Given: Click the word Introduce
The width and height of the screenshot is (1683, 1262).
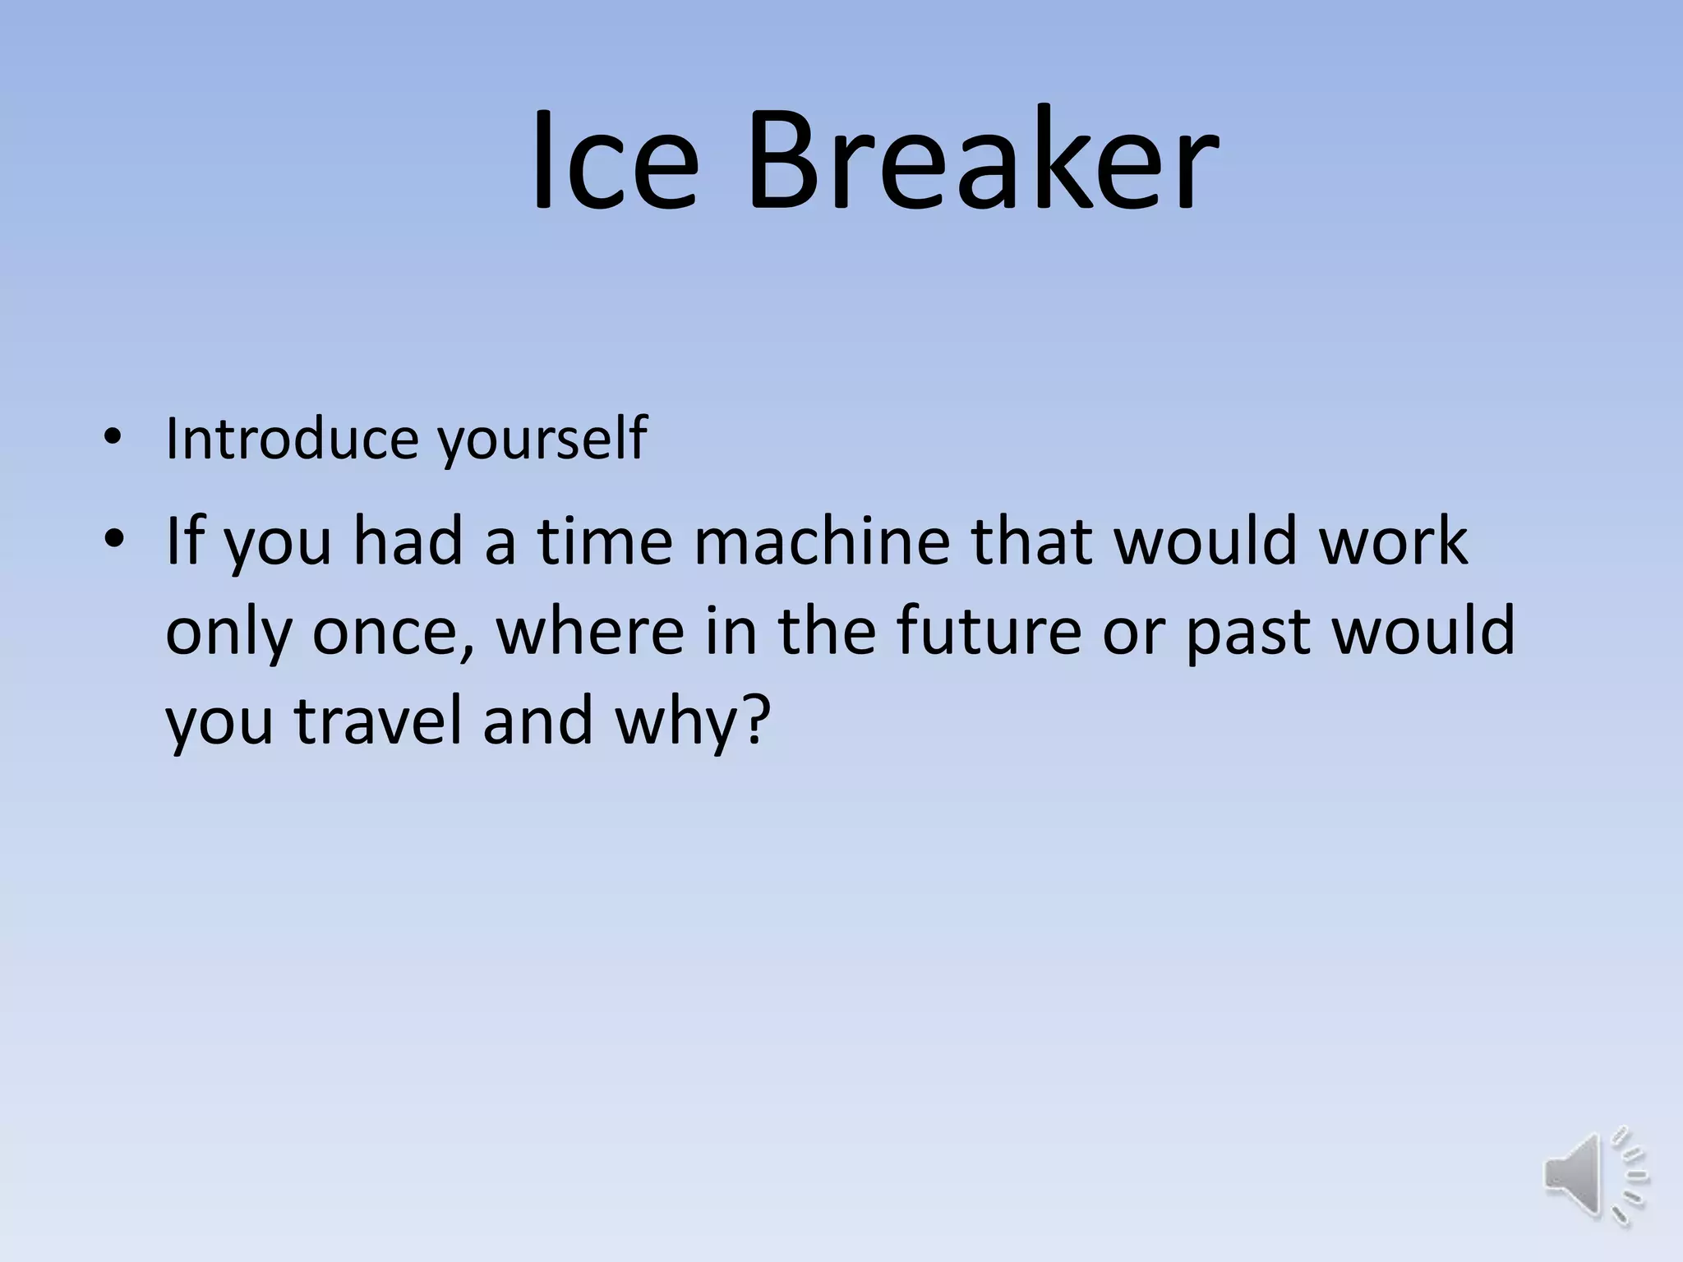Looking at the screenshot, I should [292, 439].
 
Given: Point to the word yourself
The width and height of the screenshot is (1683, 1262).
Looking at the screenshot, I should [542, 440].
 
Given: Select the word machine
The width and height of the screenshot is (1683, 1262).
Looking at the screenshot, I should [822, 541].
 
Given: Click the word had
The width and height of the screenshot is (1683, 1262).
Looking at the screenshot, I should [408, 541].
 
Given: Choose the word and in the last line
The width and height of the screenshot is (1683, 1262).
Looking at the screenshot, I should [537, 721].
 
